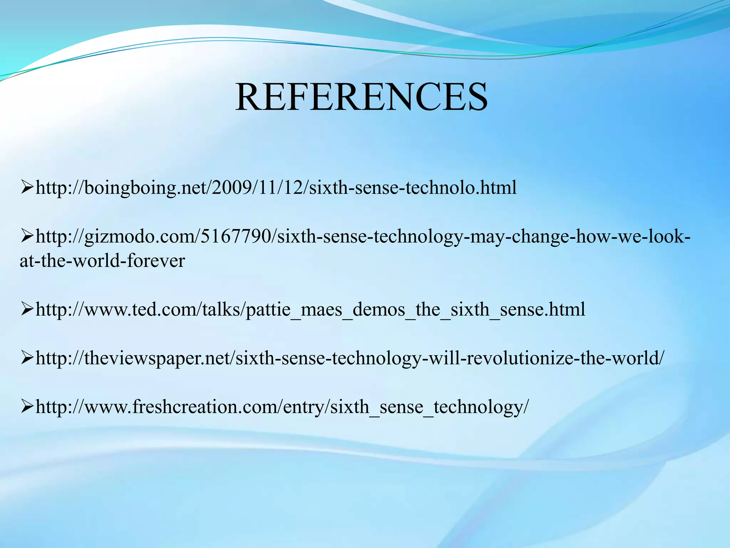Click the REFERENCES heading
click(x=361, y=97)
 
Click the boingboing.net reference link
click(x=276, y=188)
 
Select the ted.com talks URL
click(x=310, y=309)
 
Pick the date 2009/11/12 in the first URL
click(x=257, y=188)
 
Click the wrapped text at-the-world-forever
click(x=103, y=261)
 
